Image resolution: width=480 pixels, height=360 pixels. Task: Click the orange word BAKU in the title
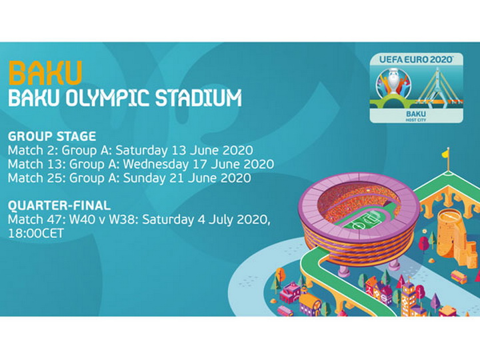[x=45, y=73]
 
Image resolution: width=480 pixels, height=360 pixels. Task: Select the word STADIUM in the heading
[x=199, y=98]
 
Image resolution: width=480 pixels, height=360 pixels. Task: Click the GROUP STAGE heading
[x=52, y=136]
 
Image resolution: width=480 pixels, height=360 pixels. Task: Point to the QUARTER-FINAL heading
[x=59, y=205]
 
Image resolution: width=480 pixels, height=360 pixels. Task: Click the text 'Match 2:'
[x=33, y=150]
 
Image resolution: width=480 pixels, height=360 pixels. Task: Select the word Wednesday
[x=156, y=165]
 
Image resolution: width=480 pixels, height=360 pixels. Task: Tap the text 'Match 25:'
[x=37, y=178]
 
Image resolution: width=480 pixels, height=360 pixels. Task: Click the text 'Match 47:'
[x=37, y=219]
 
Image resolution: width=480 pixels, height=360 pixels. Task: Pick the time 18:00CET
[x=36, y=233]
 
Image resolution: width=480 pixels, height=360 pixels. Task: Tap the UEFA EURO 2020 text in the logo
[x=416, y=59]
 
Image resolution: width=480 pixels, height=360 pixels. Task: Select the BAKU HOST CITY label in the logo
[x=416, y=116]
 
